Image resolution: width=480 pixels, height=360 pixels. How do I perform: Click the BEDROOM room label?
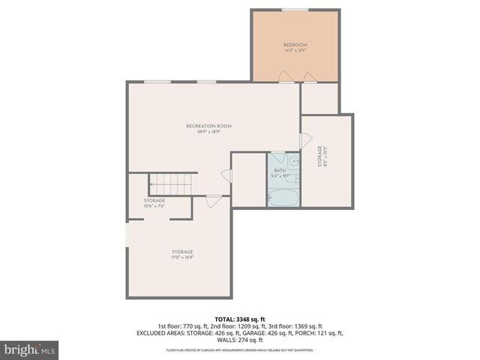click(295, 45)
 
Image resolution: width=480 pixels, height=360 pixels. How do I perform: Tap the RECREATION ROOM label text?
click(208, 125)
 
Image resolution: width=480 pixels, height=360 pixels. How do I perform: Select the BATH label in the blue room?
click(280, 170)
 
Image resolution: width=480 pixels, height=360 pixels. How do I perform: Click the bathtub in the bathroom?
click(283, 196)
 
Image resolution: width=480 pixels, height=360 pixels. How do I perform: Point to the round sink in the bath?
click(295, 161)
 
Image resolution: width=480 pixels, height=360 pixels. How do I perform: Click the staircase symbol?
click(171, 182)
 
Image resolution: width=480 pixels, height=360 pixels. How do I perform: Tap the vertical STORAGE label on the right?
click(320, 155)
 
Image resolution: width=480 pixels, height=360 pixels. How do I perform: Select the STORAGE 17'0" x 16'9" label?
click(181, 251)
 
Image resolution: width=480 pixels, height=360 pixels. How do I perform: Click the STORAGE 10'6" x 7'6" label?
click(154, 200)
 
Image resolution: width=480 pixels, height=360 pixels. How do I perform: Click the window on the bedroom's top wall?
click(294, 9)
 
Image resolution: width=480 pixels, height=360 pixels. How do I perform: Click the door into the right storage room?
click(304, 140)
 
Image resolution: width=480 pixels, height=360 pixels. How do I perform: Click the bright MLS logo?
click(29, 349)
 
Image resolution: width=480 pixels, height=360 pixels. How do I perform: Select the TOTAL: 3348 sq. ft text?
click(239, 318)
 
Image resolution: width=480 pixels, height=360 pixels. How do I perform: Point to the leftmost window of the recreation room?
click(156, 82)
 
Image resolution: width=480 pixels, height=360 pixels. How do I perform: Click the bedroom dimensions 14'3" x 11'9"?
click(295, 51)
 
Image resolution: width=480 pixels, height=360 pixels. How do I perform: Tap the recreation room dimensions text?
click(208, 131)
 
